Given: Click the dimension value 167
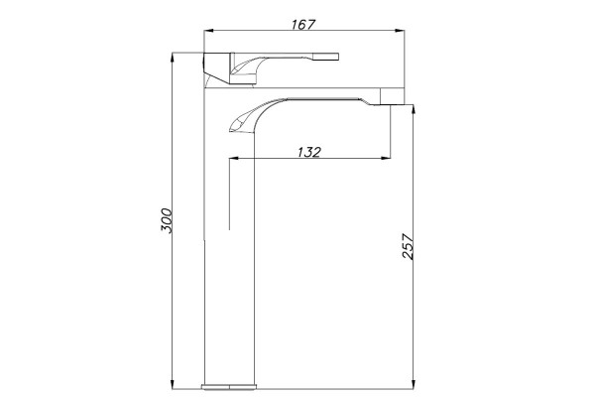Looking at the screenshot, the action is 303,24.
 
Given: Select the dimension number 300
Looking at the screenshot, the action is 167,220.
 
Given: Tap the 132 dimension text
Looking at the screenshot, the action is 308,152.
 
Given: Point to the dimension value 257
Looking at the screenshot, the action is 409,246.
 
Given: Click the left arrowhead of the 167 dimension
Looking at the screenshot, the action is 209,31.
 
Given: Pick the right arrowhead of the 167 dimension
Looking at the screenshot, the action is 400,31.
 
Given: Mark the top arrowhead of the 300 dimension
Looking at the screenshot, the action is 173,59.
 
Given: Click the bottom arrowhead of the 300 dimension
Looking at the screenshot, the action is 173,384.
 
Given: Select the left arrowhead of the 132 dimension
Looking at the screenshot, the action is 234,158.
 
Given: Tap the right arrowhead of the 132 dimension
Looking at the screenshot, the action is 386,158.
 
